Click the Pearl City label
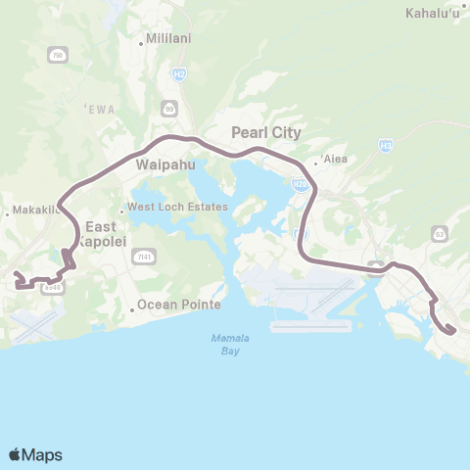click(x=265, y=132)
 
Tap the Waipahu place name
click(x=156, y=165)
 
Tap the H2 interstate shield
click(x=178, y=73)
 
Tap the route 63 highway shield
click(x=439, y=233)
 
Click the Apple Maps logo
click(x=35, y=454)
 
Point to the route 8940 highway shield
click(x=54, y=288)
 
